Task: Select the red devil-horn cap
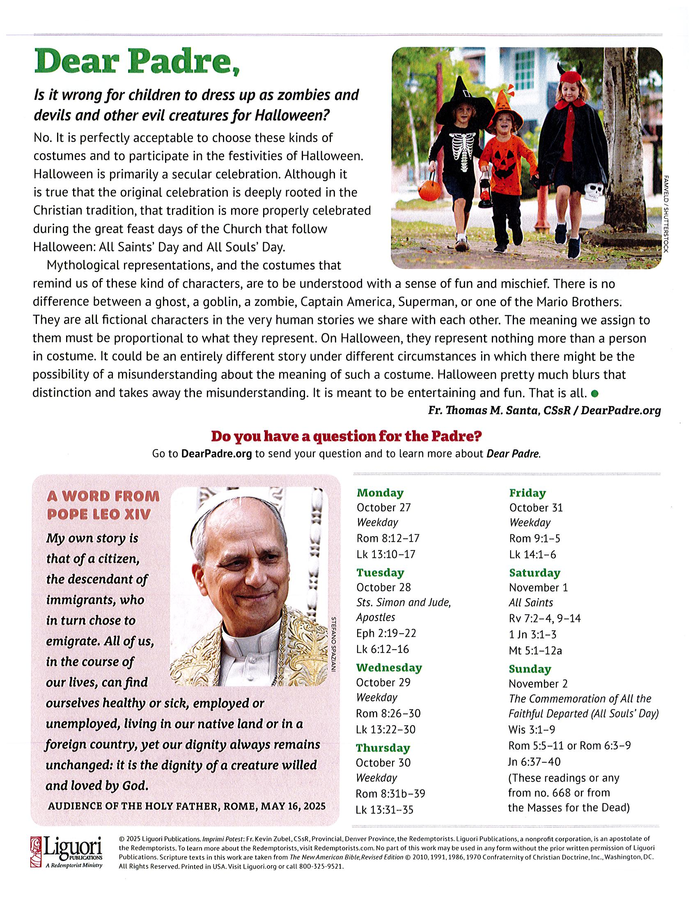[569, 76]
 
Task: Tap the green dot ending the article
[594, 393]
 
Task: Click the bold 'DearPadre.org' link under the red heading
[216, 454]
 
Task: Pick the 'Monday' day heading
[380, 493]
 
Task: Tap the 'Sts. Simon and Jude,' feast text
[404, 603]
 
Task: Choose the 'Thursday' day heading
[383, 748]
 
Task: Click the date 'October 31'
[536, 508]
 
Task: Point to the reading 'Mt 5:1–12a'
[535, 651]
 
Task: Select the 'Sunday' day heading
[530, 669]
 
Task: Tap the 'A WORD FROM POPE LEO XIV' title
[103, 505]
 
